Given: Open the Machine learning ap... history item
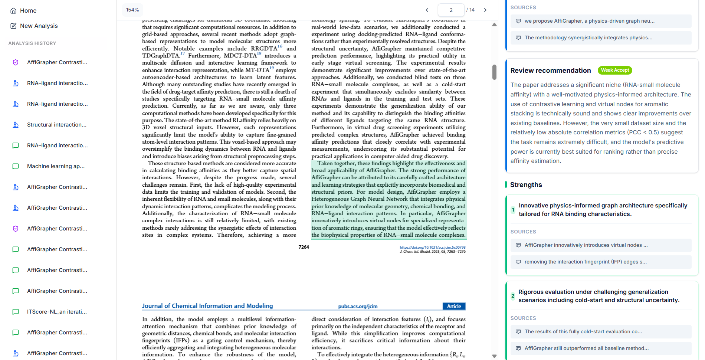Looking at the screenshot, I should click(x=56, y=166).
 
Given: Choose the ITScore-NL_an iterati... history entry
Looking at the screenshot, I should click(x=57, y=312).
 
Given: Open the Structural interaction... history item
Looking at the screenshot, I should click(x=56, y=125).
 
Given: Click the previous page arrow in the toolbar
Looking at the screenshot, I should click(x=427, y=10).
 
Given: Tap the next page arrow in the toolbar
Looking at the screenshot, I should click(x=485, y=10).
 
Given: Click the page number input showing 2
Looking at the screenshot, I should click(x=451, y=10).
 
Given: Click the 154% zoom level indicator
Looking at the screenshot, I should click(x=132, y=10).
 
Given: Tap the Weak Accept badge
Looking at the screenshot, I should click(x=615, y=70).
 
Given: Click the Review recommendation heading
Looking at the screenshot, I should click(x=550, y=71).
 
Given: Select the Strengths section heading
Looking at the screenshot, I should click(x=526, y=185).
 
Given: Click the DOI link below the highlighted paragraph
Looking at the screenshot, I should click(x=432, y=247).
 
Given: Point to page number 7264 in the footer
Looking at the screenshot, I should click(x=304, y=247).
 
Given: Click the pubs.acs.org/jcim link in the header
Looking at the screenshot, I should click(x=358, y=306).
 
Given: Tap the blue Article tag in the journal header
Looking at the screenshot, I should click(x=454, y=306).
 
